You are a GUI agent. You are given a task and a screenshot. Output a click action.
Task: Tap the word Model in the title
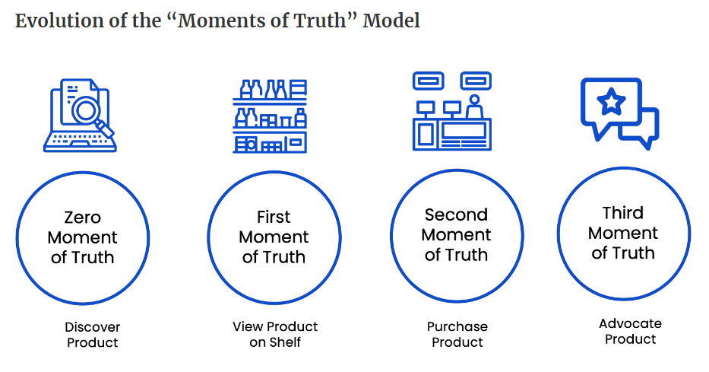click(x=391, y=21)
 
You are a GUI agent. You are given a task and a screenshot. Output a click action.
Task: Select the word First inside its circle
click(x=274, y=217)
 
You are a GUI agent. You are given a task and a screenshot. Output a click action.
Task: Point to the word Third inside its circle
click(x=623, y=212)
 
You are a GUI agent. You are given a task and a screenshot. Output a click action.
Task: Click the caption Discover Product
click(x=92, y=335)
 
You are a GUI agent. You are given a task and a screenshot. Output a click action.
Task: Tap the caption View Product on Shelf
click(x=275, y=334)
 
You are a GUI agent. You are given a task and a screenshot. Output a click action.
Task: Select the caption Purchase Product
click(x=457, y=334)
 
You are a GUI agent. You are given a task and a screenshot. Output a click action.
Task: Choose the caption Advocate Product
click(x=630, y=331)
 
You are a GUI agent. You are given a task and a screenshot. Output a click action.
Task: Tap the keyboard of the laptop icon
click(x=81, y=141)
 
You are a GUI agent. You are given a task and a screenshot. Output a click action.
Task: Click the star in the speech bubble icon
click(x=610, y=102)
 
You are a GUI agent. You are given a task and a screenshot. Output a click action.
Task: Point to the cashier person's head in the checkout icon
click(x=473, y=100)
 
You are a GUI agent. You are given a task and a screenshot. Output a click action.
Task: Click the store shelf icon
click(x=270, y=116)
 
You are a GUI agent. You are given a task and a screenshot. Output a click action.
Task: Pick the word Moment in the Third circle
click(x=623, y=232)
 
